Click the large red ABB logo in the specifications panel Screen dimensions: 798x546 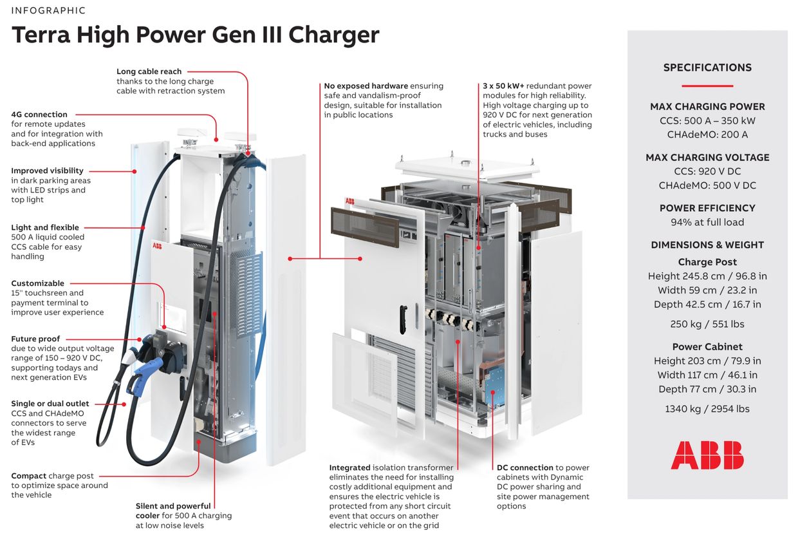click(707, 455)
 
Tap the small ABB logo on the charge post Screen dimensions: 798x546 click(157, 246)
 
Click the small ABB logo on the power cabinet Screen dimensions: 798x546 click(350, 201)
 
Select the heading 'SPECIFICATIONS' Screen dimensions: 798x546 click(707, 68)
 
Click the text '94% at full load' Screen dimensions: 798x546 click(707, 222)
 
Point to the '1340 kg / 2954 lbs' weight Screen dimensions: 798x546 click(707, 408)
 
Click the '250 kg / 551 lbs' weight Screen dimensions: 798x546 click(707, 324)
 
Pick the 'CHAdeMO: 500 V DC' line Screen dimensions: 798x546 click(707, 185)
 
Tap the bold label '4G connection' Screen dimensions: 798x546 click(39, 115)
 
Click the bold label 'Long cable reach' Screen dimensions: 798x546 click(149, 71)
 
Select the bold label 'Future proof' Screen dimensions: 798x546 click(35, 339)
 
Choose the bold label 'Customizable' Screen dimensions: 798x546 click(38, 283)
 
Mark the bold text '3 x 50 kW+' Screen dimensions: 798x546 click(503, 86)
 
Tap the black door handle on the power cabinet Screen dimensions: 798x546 click(404, 319)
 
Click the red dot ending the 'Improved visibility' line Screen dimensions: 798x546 click(135, 171)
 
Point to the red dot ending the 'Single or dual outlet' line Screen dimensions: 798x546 click(124, 404)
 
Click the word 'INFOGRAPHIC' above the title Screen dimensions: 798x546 click(48, 11)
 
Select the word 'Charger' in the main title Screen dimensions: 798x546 click(334, 35)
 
